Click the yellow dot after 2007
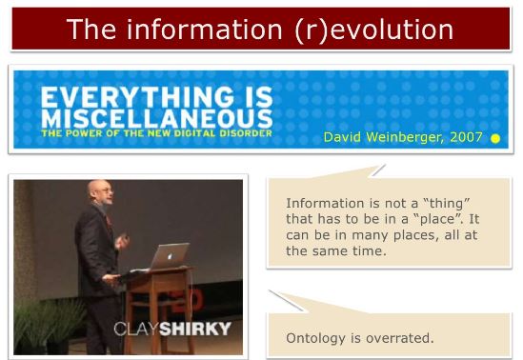[495, 138]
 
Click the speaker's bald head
[95, 191]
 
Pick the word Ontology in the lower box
[318, 338]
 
